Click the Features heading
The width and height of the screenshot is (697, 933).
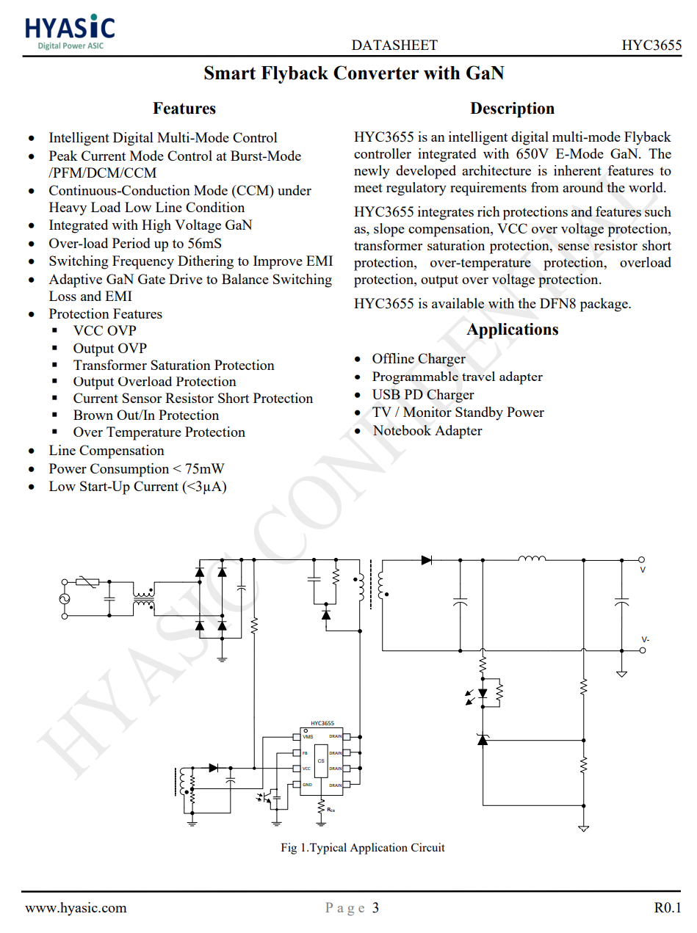[184, 109]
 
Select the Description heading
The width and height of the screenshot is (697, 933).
[512, 109]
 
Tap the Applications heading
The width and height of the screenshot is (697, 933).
[512, 330]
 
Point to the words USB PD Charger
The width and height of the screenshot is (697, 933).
[423, 395]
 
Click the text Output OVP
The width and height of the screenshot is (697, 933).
[109, 349]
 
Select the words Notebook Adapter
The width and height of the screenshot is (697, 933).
[427, 431]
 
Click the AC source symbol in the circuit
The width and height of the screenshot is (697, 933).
[63, 599]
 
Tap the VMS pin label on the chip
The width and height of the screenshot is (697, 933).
[308, 736]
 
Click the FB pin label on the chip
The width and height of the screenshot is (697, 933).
[306, 753]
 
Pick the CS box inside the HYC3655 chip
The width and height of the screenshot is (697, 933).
[321, 760]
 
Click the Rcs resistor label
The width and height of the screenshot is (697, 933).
[331, 810]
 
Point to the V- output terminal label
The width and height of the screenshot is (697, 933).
[645, 639]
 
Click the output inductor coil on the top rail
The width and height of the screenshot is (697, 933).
[532, 559]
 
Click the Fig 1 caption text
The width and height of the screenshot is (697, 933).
[363, 848]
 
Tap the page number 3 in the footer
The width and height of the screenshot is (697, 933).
[375, 908]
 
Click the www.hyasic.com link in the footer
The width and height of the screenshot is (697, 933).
[76, 908]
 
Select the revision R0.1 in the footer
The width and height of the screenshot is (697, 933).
[667, 908]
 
